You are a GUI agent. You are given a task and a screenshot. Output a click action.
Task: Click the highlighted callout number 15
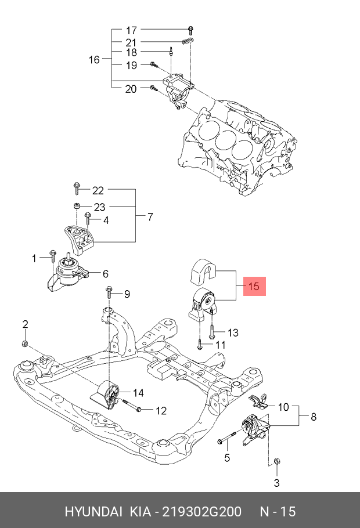click(254, 286)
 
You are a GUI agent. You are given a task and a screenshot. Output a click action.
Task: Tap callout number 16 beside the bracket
click(94, 59)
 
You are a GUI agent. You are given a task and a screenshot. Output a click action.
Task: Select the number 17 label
click(131, 30)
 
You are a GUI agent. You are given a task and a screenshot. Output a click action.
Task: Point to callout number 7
click(150, 217)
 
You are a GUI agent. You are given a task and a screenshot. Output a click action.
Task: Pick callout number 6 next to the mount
click(106, 273)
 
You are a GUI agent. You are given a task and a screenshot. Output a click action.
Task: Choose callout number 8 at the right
click(314, 416)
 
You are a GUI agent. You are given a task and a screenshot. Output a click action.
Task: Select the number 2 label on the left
click(25, 323)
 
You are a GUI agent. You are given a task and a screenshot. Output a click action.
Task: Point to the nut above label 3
click(277, 461)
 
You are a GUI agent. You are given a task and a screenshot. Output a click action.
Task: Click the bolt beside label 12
click(138, 410)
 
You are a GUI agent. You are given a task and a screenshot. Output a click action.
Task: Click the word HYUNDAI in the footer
click(93, 511)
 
